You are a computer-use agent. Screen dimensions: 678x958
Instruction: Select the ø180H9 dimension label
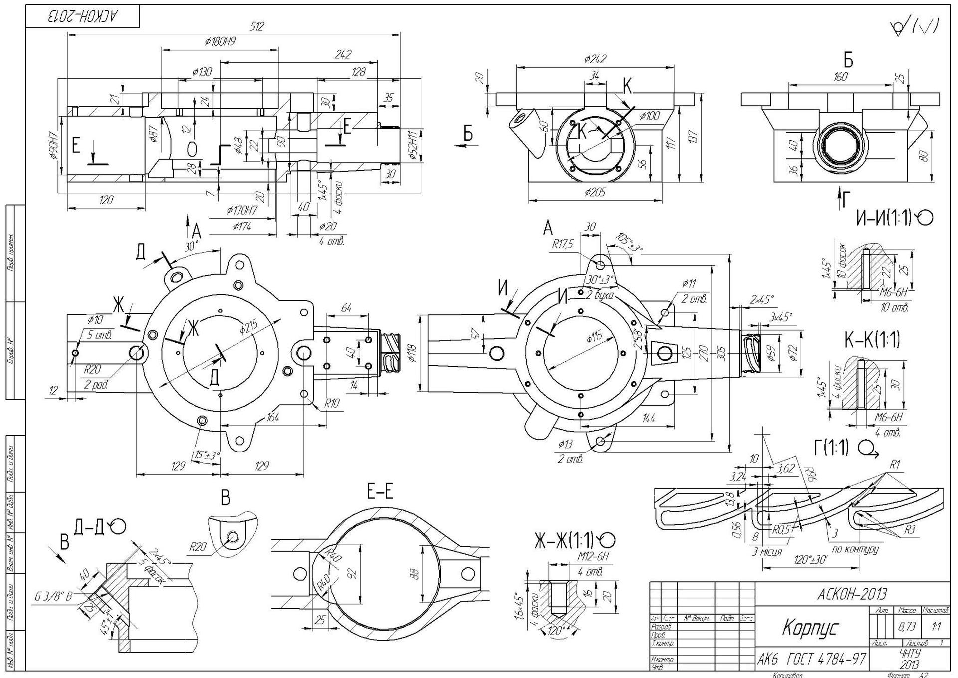pos(220,42)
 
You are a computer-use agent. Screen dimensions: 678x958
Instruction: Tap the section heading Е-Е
pos(380,492)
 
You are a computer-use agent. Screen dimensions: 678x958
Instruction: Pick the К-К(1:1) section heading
pos(872,340)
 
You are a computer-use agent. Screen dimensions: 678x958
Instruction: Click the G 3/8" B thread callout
pos(53,596)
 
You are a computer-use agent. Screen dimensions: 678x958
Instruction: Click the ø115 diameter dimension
pos(594,338)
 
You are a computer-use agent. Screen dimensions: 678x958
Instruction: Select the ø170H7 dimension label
pos(241,210)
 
